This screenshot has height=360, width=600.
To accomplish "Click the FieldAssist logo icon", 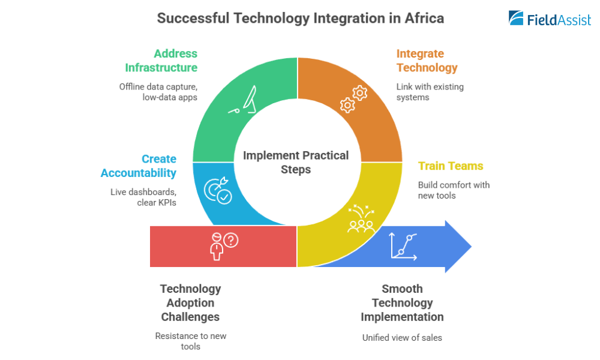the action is click(x=517, y=18).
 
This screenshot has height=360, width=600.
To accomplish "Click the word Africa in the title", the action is click(x=424, y=18).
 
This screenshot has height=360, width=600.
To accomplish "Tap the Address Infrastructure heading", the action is click(x=161, y=61).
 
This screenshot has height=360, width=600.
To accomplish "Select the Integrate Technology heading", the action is click(x=427, y=61).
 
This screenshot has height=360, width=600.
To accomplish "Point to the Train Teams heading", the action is click(x=451, y=166).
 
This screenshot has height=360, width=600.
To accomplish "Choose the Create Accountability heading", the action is click(x=139, y=166).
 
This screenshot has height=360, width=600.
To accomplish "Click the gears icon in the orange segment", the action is click(x=353, y=99).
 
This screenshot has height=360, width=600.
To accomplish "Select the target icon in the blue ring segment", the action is click(x=218, y=189).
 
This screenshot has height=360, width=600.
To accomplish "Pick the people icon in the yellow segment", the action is click(x=361, y=218).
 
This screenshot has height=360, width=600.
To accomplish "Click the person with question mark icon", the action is click(x=223, y=245).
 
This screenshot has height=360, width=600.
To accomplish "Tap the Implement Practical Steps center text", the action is click(x=296, y=163).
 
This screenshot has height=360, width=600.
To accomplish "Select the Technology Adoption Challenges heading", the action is click(x=190, y=302).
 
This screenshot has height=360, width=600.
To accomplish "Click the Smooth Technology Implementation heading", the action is click(x=402, y=302).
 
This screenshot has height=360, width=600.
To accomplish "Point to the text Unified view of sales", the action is click(x=402, y=338).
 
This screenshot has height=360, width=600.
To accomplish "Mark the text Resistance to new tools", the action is click(x=191, y=341).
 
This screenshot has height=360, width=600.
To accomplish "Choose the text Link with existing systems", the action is click(x=430, y=92).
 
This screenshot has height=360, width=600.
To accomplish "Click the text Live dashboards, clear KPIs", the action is click(x=143, y=197).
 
